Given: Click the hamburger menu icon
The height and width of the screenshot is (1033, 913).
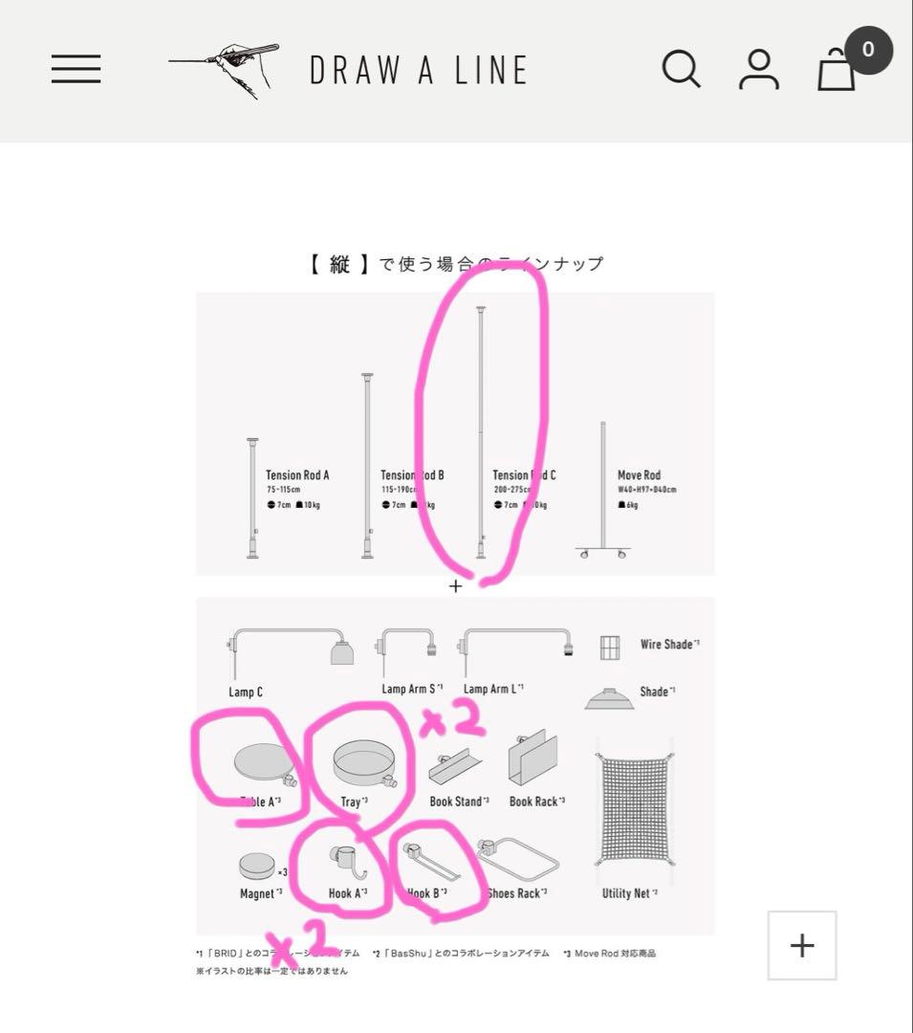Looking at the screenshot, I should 76,69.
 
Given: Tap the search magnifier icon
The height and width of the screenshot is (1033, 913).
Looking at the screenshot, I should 681,69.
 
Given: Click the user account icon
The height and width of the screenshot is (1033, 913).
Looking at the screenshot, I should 759,70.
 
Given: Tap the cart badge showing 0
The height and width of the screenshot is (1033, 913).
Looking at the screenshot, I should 867,50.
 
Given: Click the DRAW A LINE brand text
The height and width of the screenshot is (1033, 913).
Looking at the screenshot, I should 419,70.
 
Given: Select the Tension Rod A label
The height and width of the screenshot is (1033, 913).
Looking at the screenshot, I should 297,475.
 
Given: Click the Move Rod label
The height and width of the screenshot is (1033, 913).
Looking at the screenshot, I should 639,475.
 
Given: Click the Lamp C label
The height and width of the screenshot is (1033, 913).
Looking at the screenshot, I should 246,692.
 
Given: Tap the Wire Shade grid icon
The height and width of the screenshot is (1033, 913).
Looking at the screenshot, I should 610,648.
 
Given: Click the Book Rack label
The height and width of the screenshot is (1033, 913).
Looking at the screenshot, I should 535,802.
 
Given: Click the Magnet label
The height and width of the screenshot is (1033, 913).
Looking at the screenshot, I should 260,893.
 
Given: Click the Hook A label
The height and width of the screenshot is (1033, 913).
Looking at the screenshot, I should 346,893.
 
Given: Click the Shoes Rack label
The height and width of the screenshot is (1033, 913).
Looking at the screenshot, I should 516,893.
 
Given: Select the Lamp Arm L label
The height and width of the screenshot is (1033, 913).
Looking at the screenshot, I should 492,689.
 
